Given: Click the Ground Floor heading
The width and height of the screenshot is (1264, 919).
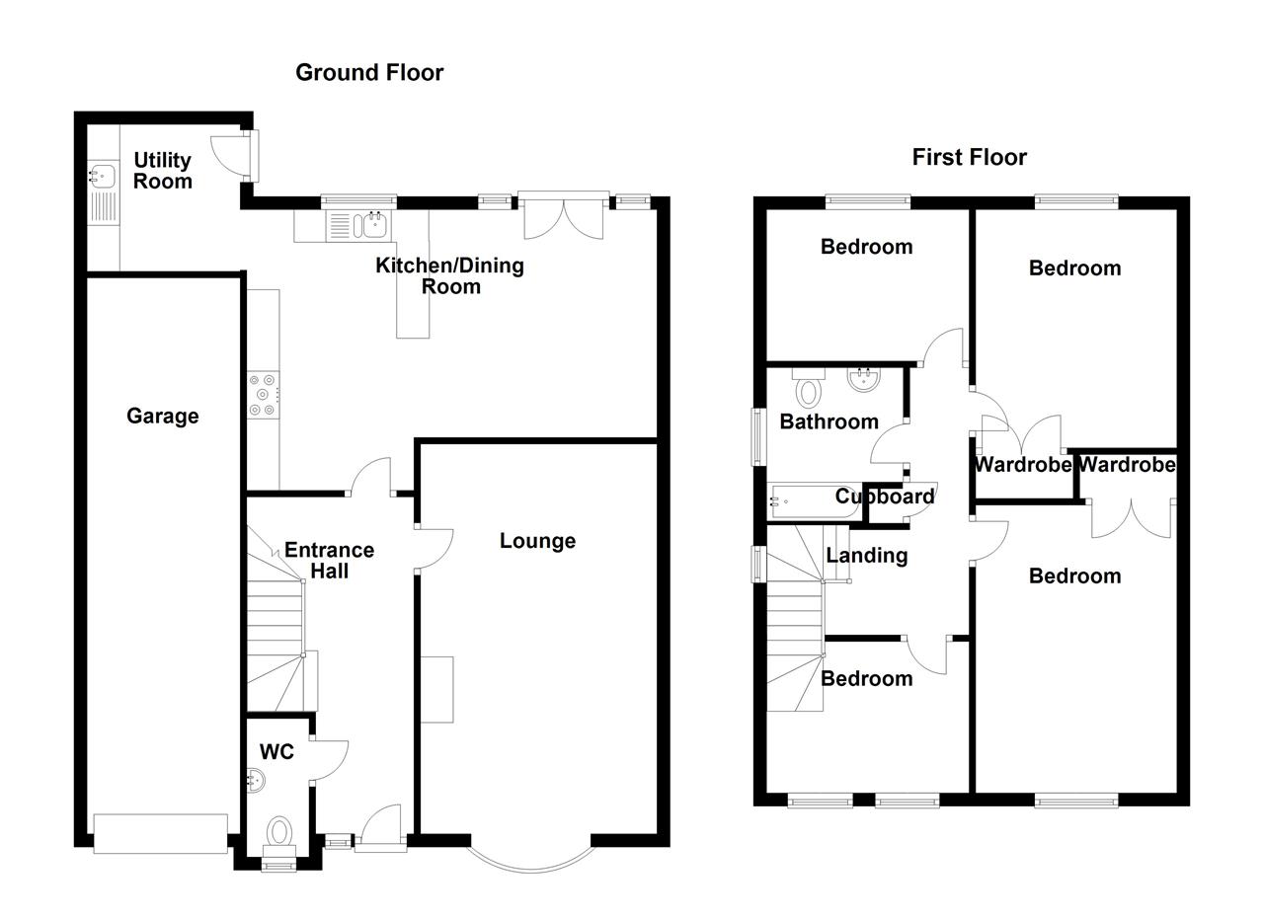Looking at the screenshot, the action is point(369,72).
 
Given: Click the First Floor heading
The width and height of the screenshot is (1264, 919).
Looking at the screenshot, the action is point(969,157).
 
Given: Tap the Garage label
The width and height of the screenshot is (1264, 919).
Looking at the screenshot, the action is point(162,416).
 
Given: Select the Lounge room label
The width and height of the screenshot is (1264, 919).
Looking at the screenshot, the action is point(537,540).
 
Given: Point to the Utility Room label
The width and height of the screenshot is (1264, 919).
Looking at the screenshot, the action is point(163,170).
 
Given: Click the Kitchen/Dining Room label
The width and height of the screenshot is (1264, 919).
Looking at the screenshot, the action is point(449,275).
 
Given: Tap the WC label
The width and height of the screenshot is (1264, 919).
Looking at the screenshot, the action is point(276,752).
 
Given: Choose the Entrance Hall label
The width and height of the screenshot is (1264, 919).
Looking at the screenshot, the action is point(329,560).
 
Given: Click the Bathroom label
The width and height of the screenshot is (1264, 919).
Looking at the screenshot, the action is point(829,421).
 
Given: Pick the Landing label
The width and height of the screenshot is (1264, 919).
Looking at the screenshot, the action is point(866,555).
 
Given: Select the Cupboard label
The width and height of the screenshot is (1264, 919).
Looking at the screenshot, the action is point(884,497).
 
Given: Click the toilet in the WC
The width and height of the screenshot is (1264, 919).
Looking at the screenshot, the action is point(279,831).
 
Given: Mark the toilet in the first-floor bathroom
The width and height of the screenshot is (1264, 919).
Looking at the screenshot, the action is point(809,390).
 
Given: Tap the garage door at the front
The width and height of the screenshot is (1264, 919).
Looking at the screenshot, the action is point(160,833).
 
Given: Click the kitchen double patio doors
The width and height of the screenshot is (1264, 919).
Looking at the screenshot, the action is point(562,214).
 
